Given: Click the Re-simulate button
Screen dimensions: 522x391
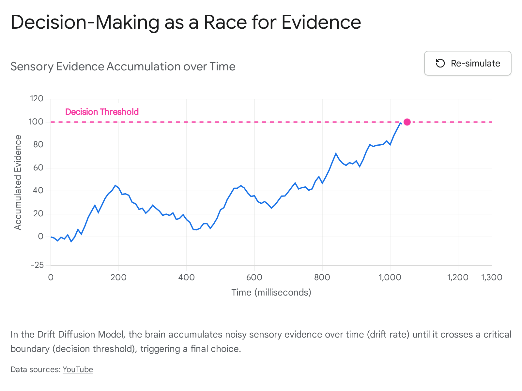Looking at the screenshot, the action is [468, 63].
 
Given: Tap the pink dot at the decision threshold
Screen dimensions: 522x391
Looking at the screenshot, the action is [407, 122].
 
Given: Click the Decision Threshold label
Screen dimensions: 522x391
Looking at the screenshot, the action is [102, 112].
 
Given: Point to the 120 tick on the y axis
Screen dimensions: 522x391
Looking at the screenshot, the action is [37, 98].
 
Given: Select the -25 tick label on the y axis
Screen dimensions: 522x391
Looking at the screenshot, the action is [37, 265].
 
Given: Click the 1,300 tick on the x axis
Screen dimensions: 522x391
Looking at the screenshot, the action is [492, 277].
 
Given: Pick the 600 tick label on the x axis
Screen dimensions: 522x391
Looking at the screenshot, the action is [254, 277].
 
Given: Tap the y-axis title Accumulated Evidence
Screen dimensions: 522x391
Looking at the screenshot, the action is [18, 182].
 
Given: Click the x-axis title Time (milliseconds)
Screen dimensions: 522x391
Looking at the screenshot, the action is [271, 293].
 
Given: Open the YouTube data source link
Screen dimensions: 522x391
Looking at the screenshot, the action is [78, 369].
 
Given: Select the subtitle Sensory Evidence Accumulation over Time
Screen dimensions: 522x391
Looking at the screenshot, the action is [123, 66].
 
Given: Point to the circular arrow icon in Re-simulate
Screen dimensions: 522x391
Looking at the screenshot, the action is [440, 64].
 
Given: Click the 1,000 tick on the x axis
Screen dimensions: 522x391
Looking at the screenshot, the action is [390, 277].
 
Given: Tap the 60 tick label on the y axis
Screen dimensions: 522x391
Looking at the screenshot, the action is [38, 168].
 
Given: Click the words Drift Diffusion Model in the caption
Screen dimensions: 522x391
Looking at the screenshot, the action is [81, 335].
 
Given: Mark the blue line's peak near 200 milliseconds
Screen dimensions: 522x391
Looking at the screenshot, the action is [115, 185].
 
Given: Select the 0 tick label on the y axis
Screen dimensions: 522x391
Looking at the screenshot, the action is [41, 237].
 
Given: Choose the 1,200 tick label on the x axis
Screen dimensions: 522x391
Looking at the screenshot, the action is [458, 277].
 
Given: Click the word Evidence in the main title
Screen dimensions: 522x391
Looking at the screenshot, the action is [321, 22].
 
